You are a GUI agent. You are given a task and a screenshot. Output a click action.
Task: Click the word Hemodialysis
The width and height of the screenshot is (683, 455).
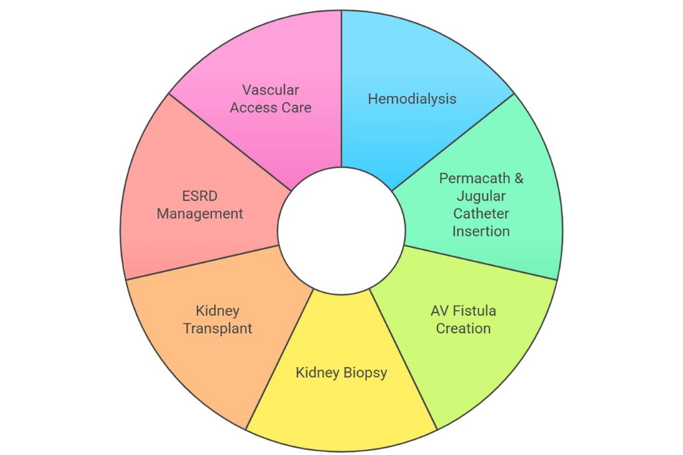click(x=412, y=99)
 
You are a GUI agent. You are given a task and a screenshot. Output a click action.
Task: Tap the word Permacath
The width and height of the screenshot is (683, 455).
click(x=474, y=179)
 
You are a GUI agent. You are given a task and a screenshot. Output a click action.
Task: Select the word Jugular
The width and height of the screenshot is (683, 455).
click(x=482, y=197)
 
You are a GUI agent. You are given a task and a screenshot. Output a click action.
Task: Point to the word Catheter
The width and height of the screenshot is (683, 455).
click(x=482, y=214)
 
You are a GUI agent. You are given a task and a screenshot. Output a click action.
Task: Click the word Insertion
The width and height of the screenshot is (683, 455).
click(x=482, y=232)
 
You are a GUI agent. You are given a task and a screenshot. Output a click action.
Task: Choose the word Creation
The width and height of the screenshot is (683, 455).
click(x=464, y=328)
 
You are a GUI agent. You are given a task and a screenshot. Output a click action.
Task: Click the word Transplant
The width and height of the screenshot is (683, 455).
click(x=218, y=328)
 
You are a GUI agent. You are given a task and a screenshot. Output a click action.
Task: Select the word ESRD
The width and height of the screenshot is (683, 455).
click(x=200, y=197)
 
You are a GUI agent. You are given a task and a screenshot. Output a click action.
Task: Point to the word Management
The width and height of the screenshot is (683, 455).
click(x=200, y=214)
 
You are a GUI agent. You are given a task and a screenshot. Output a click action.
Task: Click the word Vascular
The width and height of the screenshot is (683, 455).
click(x=271, y=89)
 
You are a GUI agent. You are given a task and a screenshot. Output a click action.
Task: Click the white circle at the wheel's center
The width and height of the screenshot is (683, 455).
click(x=341, y=230)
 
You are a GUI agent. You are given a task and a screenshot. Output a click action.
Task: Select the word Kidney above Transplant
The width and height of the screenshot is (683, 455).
click(x=217, y=310)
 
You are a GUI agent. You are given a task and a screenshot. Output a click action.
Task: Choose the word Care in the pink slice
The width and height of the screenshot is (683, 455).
click(x=297, y=107)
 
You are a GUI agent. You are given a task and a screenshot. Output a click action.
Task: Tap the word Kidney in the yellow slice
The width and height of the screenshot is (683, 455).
click(x=317, y=372)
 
